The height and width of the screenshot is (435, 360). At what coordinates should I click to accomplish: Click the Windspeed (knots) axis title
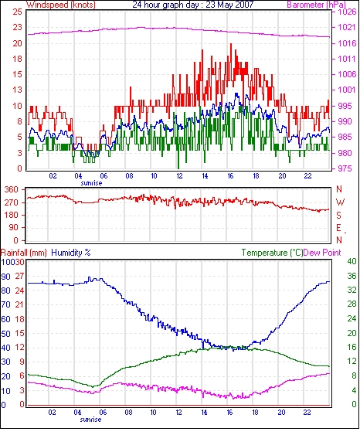(61, 5)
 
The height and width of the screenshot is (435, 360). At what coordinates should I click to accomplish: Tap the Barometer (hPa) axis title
(317, 5)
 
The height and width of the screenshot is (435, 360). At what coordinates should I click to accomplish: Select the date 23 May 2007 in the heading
(229, 5)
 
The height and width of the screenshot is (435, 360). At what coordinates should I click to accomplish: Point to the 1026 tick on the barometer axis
(347, 12)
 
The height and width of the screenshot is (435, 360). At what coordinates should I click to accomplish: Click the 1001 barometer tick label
(347, 90)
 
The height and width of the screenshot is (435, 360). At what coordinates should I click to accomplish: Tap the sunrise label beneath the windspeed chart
(91, 183)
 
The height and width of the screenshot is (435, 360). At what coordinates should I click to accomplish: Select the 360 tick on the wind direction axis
(12, 190)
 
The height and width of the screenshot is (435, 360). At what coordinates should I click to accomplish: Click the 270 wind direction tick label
(12, 202)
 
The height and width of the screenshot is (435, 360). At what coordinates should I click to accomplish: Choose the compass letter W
(340, 202)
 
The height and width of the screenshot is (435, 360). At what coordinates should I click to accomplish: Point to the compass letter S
(338, 215)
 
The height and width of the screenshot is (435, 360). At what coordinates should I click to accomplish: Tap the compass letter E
(338, 228)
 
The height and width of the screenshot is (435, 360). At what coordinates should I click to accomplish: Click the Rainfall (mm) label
(24, 253)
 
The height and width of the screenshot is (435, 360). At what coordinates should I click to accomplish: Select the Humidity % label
(71, 253)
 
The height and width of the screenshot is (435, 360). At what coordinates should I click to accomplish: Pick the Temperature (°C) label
(272, 253)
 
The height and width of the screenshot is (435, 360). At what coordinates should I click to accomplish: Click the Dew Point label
(322, 253)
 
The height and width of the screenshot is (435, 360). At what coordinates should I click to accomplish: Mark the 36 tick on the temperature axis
(352, 276)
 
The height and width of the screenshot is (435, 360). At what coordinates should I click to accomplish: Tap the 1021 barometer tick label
(347, 27)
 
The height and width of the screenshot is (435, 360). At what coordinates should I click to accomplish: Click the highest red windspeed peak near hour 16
(231, 44)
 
